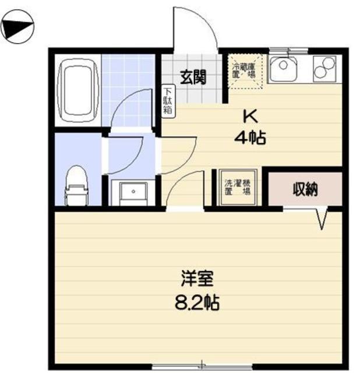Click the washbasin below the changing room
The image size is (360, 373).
132,191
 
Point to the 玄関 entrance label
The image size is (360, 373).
192,78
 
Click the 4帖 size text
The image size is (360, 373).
250,138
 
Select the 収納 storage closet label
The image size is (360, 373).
304,189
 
